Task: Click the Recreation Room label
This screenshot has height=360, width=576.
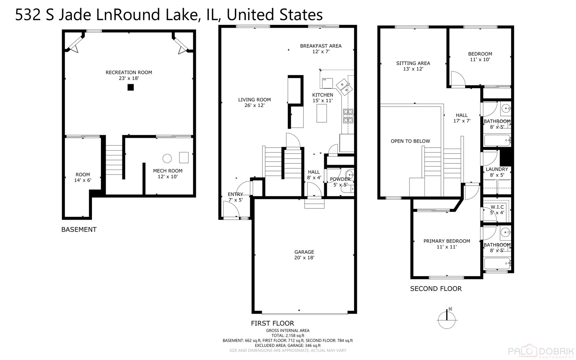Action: pyautogui.click(x=129, y=72)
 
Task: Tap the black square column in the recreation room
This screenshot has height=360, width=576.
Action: pyautogui.click(x=131, y=87)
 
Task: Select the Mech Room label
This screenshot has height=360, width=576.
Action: pyautogui.click(x=168, y=171)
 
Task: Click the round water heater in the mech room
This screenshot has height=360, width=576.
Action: pyautogui.click(x=167, y=158)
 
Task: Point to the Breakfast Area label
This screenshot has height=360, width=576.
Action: pyautogui.click(x=320, y=46)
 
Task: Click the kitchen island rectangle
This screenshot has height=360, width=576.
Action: pyautogui.click(x=321, y=113)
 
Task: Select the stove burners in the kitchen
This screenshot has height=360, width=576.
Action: pyautogui.click(x=348, y=116)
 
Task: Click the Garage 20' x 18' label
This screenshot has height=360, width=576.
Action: pyautogui.click(x=304, y=255)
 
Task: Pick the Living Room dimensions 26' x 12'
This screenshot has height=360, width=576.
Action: pyautogui.click(x=254, y=105)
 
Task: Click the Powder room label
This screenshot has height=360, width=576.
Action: pyautogui.click(x=340, y=179)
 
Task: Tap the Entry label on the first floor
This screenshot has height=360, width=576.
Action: pyautogui.click(x=235, y=194)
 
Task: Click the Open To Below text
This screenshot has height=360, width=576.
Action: pyautogui.click(x=410, y=141)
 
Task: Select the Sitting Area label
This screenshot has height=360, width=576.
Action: pyautogui.click(x=413, y=63)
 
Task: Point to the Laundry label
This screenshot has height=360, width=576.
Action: pyautogui.click(x=497, y=169)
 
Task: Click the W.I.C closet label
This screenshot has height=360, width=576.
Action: pyautogui.click(x=497, y=207)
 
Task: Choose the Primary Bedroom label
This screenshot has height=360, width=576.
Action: pyautogui.click(x=446, y=241)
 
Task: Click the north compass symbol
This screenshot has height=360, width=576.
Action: pyautogui.click(x=447, y=319)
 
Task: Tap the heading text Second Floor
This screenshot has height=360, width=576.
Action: pyautogui.click(x=435, y=289)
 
